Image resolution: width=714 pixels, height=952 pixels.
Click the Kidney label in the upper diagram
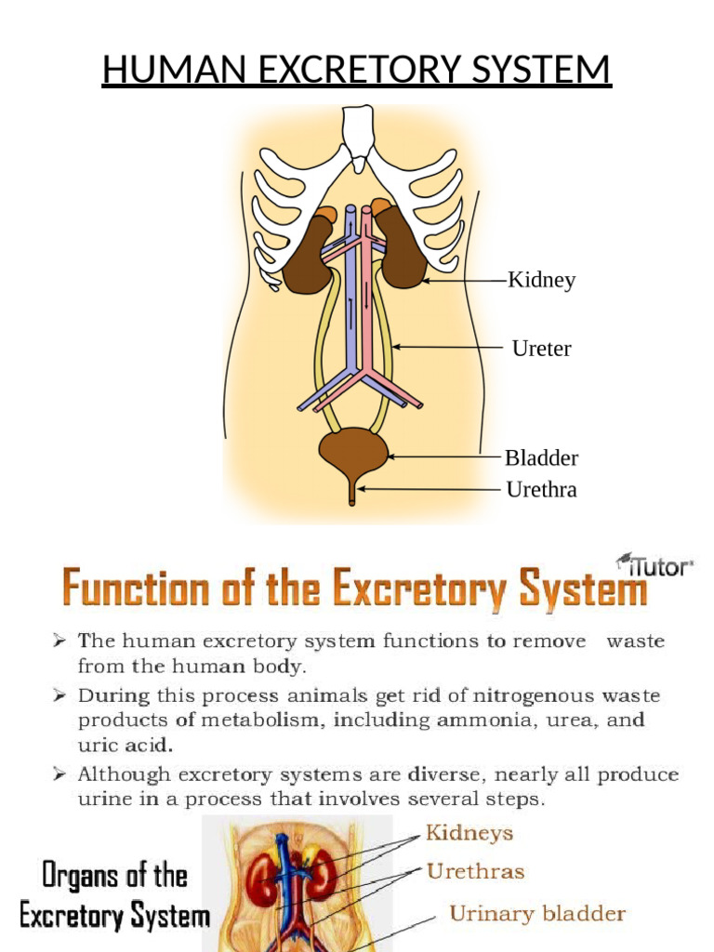point(541,280)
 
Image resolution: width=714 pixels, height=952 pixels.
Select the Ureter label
point(541,349)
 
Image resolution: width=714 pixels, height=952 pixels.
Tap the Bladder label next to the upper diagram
point(541,457)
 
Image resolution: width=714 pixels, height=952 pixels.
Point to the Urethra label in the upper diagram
point(541,489)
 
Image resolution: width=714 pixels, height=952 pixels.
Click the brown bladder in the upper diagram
point(353,451)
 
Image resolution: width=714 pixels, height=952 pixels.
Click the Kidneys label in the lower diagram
point(469,833)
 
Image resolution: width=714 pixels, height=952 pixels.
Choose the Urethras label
point(475,872)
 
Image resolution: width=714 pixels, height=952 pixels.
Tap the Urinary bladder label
point(537,914)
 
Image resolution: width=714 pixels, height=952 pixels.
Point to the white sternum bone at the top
point(357,135)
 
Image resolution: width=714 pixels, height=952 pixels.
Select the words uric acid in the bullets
point(125,746)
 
